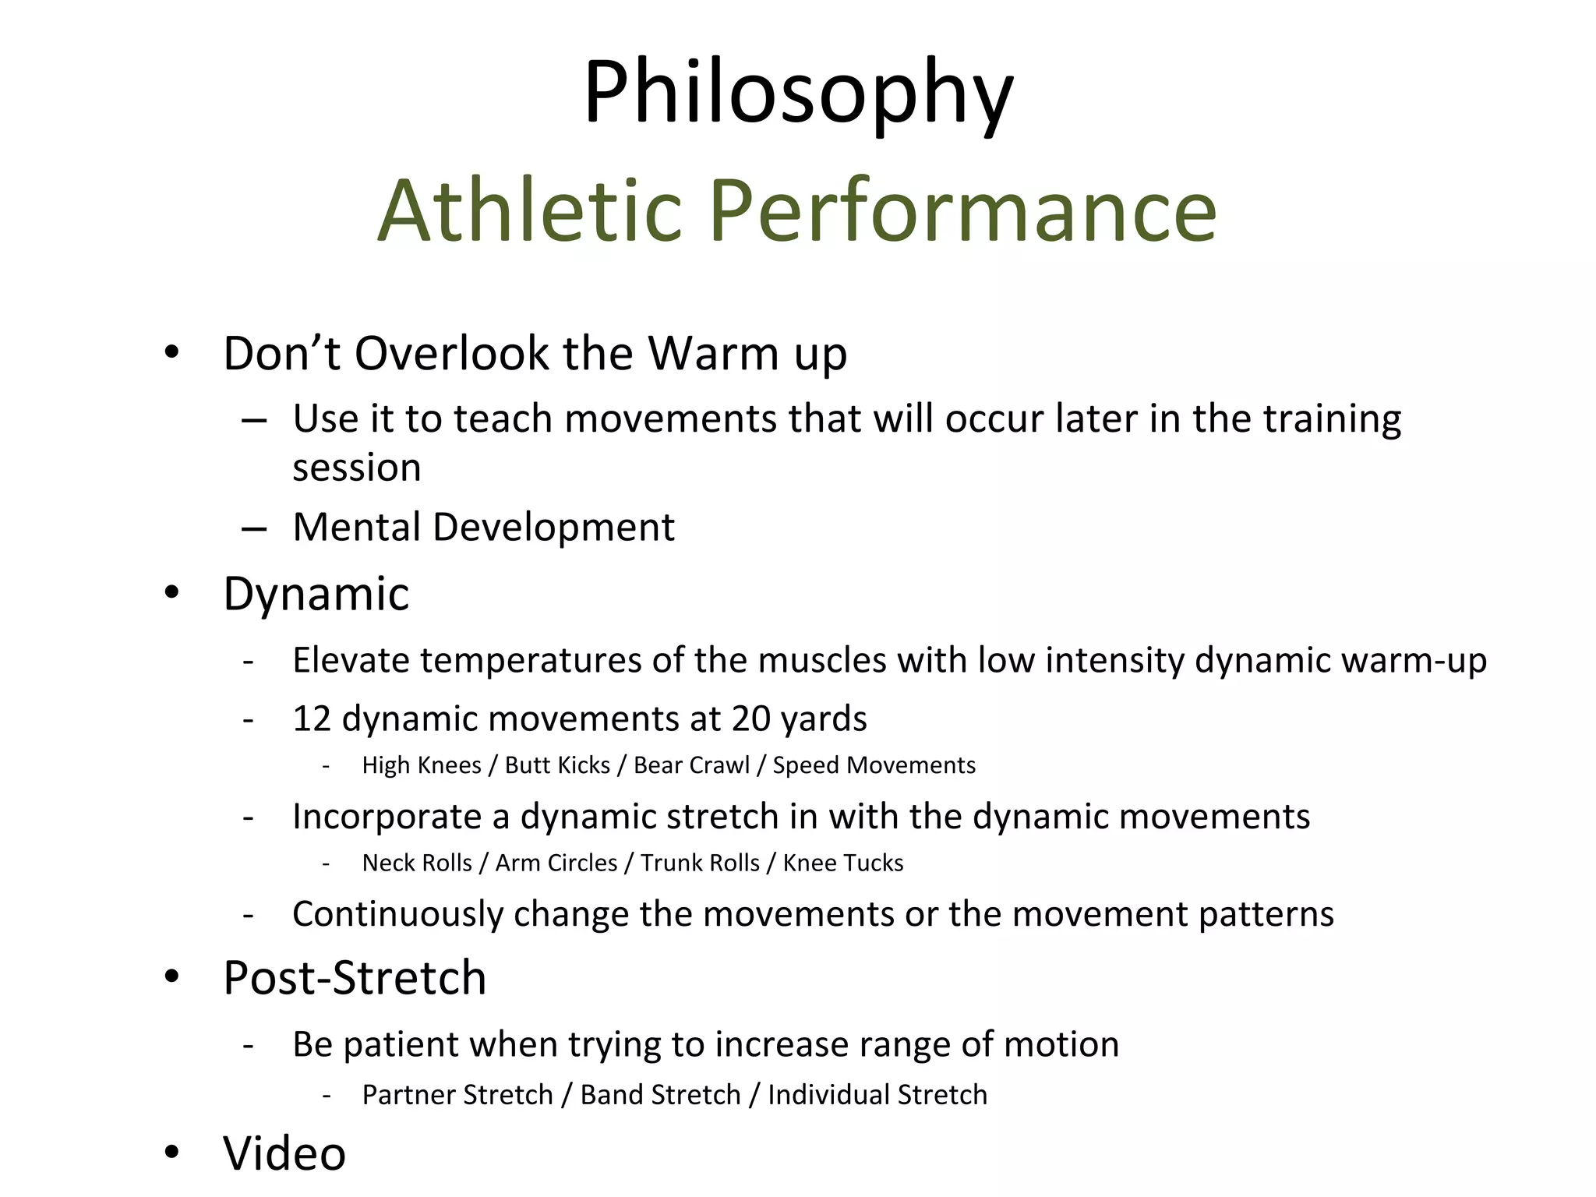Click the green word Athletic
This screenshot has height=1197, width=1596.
point(530,212)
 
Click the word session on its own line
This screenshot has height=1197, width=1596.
point(357,468)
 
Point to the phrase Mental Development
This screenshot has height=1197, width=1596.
point(483,528)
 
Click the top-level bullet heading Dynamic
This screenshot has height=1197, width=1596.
point(316,595)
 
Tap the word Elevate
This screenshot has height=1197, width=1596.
point(351,661)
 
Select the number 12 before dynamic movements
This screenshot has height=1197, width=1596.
point(312,719)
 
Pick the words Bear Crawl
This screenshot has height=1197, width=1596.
point(691,765)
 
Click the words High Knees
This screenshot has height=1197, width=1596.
point(422,765)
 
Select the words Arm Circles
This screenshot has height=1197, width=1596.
point(556,863)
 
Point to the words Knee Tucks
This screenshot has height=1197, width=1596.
point(842,863)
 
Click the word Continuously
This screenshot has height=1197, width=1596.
point(397,914)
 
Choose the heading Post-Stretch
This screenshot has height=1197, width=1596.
point(355,978)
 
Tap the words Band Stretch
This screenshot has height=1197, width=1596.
point(660,1095)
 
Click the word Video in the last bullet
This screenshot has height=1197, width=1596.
point(284,1153)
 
